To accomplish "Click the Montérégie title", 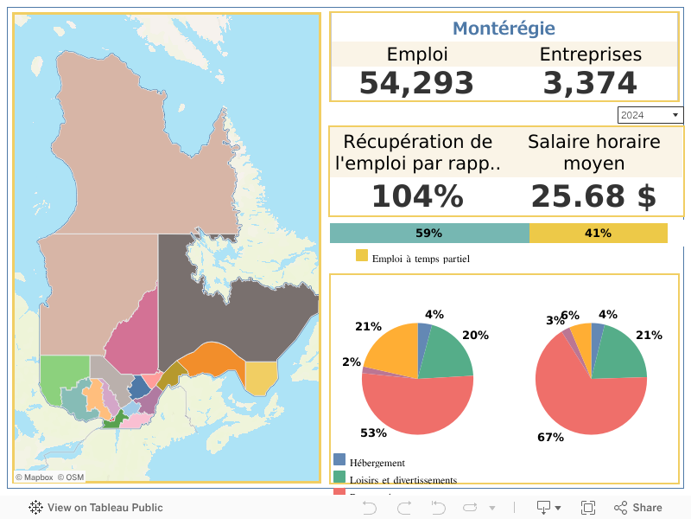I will (x=504, y=29).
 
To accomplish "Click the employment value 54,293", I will (x=416, y=83).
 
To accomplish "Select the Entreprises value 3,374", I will (x=590, y=83).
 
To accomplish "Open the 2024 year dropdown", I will (x=650, y=115).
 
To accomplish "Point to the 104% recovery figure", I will (x=417, y=196).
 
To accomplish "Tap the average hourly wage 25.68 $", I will (x=593, y=196).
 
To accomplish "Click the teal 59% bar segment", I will (x=429, y=234).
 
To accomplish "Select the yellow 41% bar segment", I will (x=598, y=234).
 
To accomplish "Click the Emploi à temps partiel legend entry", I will (x=420, y=258).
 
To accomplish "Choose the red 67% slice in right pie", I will (x=587, y=407).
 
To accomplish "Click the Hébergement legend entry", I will (x=377, y=463).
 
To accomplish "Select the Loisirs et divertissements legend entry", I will (x=403, y=479).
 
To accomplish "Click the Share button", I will (x=638, y=508).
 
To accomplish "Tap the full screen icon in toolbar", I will (x=588, y=508).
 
